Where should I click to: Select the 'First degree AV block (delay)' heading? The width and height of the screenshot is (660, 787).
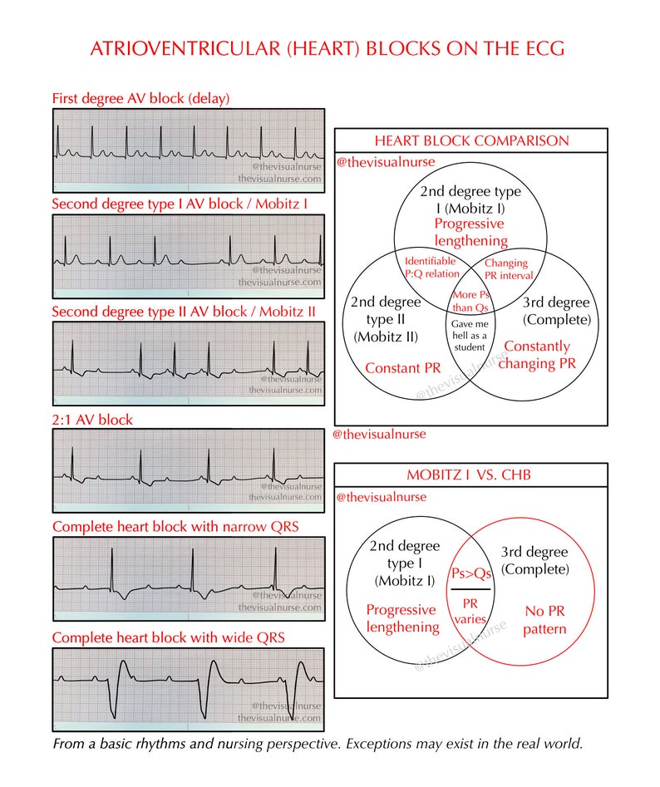click(x=140, y=98)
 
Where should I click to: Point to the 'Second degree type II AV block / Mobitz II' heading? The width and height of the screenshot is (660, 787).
click(x=184, y=312)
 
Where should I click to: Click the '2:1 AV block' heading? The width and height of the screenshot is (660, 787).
click(x=92, y=420)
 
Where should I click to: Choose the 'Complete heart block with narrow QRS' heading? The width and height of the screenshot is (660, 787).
click(x=175, y=526)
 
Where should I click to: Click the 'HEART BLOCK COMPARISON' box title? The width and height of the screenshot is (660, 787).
click(x=471, y=140)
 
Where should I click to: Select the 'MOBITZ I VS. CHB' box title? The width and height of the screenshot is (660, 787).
click(x=469, y=475)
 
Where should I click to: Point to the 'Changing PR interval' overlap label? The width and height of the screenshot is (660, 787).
click(x=506, y=269)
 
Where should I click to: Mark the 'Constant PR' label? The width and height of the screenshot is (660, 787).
click(x=403, y=367)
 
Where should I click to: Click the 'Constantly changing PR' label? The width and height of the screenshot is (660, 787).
click(x=537, y=354)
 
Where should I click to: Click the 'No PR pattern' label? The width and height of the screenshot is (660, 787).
click(x=544, y=620)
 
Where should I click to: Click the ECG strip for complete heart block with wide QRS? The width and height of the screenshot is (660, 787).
click(x=188, y=686)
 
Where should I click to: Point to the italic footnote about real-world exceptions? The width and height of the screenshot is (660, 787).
click(x=318, y=742)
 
